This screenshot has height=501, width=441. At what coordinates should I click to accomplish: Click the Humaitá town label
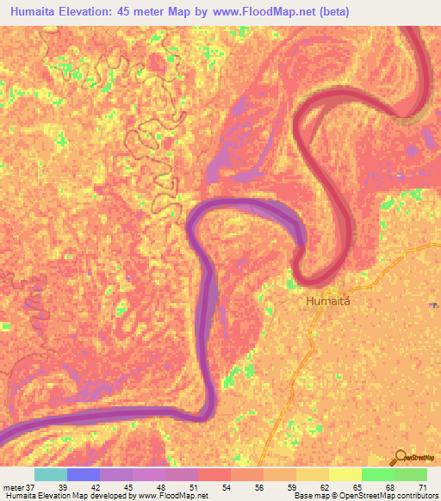(328, 302)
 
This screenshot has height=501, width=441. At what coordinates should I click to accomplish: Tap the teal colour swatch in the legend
(51, 474)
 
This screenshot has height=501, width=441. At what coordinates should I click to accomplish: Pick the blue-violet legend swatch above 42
(84, 474)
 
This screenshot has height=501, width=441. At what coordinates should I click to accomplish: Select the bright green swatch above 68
(378, 474)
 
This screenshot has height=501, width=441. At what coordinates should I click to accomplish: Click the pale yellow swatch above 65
(345, 474)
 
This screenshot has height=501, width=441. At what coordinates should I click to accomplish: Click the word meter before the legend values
(12, 487)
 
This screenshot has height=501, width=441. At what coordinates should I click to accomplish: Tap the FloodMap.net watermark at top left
(34, 32)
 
